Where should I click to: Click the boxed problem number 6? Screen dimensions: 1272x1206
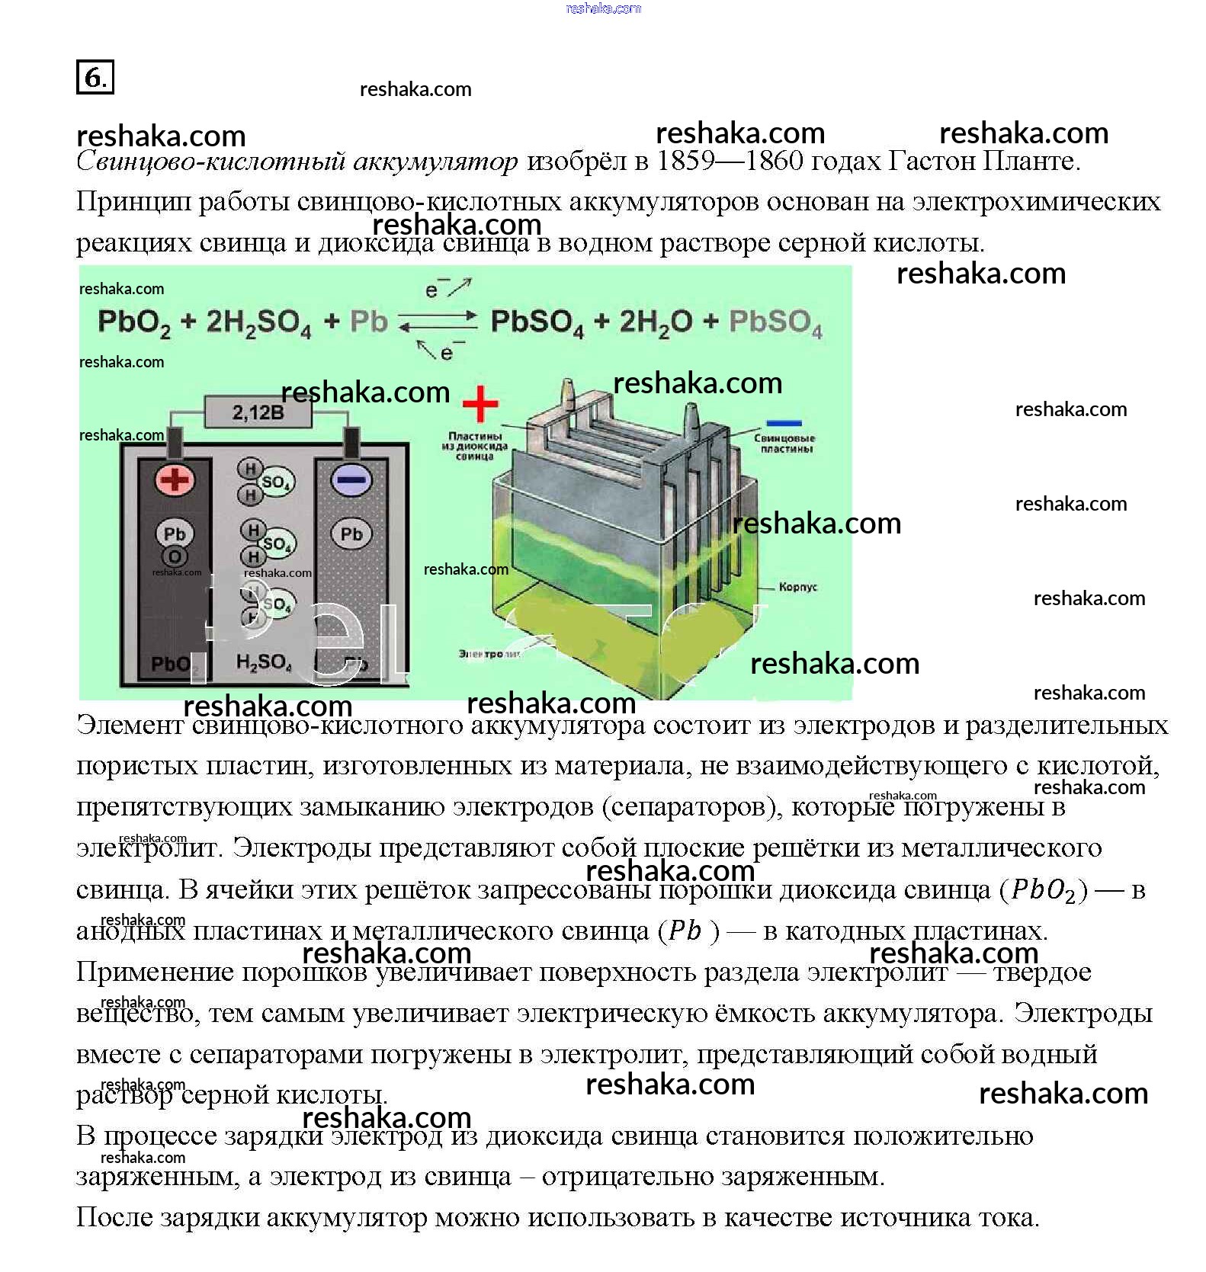click(95, 76)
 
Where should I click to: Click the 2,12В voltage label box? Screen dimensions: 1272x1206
click(258, 413)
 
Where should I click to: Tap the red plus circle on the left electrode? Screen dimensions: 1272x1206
click(175, 479)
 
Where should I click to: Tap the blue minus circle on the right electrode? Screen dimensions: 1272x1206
click(351, 479)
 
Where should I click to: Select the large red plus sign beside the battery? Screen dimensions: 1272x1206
click(480, 404)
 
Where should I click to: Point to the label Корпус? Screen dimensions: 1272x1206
click(797, 587)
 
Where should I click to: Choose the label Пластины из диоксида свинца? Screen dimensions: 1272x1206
click(474, 446)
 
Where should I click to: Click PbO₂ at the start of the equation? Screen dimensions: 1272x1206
click(133, 322)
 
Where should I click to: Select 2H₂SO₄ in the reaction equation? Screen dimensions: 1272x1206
click(258, 322)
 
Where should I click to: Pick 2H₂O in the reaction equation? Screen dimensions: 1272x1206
click(656, 322)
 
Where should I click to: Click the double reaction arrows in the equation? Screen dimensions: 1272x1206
click(438, 321)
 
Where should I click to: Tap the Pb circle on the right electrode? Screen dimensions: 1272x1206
click(351, 534)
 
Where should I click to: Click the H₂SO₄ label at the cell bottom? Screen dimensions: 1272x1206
click(264, 662)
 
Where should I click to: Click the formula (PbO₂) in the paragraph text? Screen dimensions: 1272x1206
click(1043, 890)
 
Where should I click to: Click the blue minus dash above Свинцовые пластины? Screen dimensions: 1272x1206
click(784, 423)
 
